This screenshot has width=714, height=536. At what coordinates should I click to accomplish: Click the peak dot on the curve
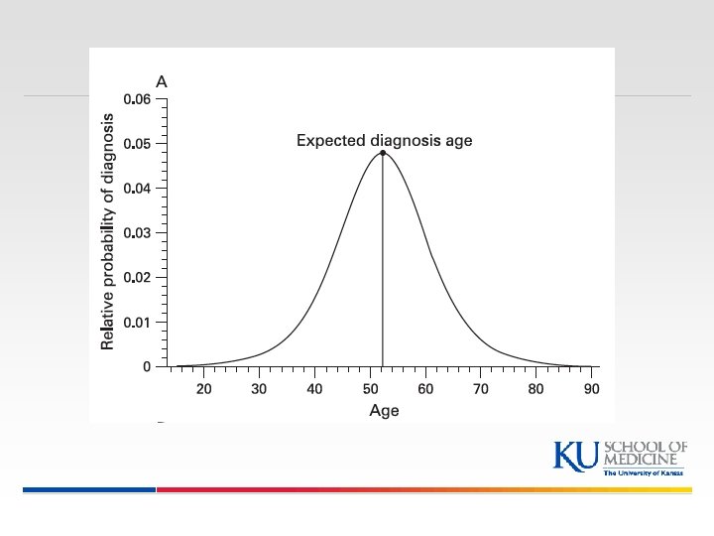[x=383, y=153]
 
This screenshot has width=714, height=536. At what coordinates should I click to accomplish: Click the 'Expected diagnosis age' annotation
[x=385, y=141]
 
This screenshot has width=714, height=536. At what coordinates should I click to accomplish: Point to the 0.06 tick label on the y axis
[x=137, y=99]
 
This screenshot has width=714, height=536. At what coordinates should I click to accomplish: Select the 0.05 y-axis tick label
[x=137, y=144]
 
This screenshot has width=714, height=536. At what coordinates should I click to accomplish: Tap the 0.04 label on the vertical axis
[x=137, y=189]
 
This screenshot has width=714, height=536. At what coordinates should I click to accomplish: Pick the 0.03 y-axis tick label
[x=137, y=233]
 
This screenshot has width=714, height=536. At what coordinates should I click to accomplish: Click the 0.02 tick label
[x=137, y=278]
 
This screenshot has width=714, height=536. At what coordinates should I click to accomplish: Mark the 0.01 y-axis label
[x=137, y=323]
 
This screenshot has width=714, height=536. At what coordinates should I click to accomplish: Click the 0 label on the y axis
[x=147, y=367]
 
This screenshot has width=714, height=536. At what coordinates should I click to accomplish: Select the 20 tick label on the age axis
[x=203, y=389]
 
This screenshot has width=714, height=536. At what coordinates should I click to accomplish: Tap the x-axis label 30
[x=259, y=389]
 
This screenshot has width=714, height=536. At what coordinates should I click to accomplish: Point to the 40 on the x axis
[x=314, y=389]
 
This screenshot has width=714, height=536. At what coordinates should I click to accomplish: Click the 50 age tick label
[x=370, y=389]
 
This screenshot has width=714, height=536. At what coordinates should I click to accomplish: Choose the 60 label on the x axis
[x=425, y=389]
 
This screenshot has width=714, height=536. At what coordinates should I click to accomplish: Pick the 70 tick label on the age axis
[x=481, y=389]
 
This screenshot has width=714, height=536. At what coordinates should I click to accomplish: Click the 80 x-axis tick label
[x=536, y=389]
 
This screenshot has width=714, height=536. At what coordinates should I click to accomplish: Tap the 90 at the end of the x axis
[x=591, y=389]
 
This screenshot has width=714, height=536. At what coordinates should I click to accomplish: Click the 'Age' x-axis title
[x=384, y=411]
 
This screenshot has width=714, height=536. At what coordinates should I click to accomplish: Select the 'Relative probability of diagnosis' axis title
[x=108, y=229]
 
